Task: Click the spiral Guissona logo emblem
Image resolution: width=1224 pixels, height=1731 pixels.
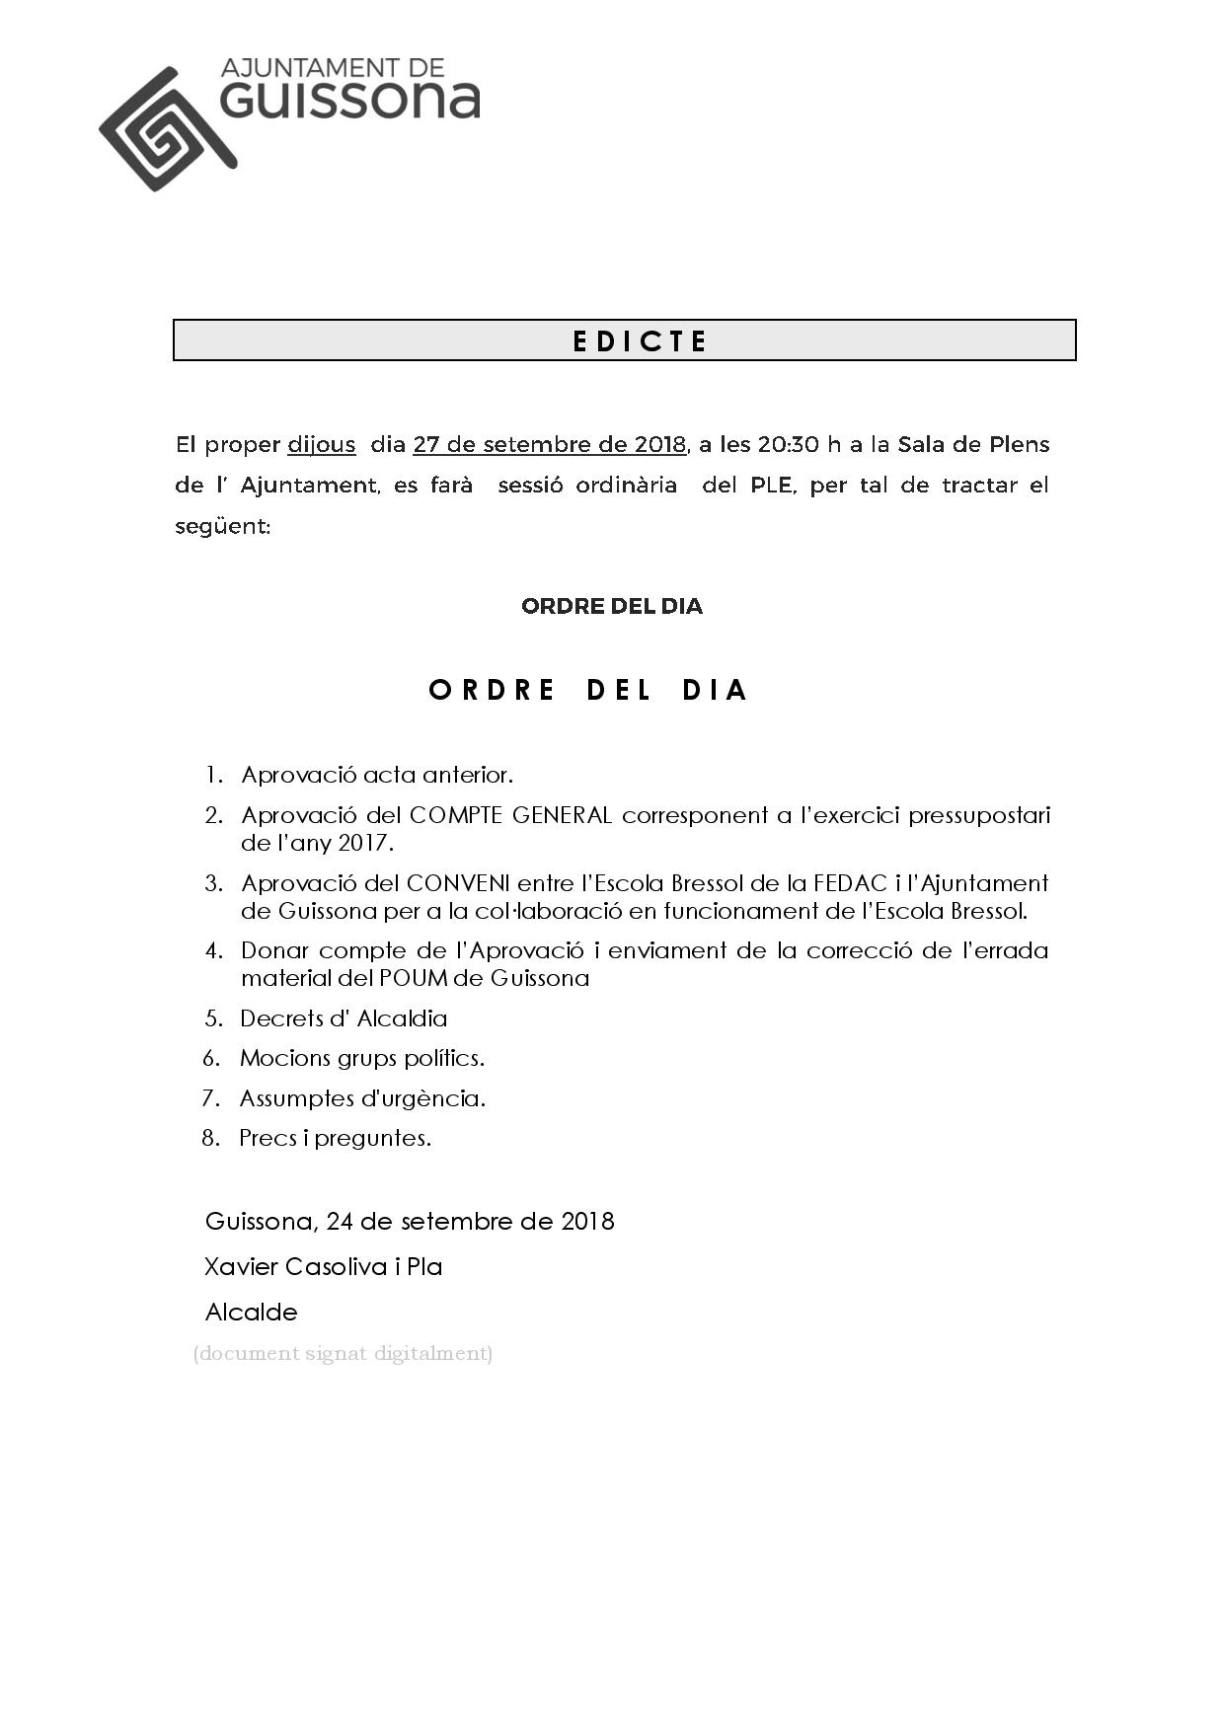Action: (166, 129)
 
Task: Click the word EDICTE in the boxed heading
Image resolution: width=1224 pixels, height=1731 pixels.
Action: (640, 341)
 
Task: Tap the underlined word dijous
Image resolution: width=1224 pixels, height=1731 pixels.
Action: (321, 445)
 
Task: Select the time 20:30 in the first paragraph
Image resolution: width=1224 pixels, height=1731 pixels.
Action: (788, 445)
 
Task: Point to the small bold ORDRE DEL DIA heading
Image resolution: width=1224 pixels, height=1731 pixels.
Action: (611, 606)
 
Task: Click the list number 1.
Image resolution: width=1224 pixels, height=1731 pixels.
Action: (213, 776)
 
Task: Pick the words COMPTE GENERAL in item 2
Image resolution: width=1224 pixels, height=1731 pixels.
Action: (510, 816)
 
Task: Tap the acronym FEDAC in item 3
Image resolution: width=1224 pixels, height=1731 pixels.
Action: (844, 883)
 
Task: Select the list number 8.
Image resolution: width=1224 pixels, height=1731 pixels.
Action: (210, 1138)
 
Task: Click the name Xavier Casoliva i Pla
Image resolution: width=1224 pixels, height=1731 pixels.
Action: (323, 1266)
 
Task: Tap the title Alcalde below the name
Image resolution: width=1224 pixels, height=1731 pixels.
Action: (251, 1313)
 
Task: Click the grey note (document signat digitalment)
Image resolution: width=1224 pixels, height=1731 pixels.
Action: (343, 1353)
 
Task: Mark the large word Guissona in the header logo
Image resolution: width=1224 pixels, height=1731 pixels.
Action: (350, 101)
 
